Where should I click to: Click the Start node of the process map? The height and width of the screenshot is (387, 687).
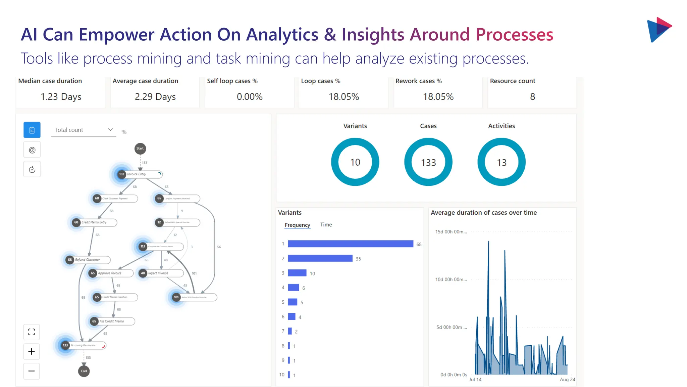tap(140, 148)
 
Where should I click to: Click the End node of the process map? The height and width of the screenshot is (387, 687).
tap(84, 371)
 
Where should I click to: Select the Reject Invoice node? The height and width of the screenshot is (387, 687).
tap(161, 273)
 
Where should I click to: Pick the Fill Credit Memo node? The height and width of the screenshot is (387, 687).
tap(112, 321)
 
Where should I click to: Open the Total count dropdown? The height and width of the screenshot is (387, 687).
tap(84, 130)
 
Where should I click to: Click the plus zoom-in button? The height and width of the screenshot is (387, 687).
tap(32, 351)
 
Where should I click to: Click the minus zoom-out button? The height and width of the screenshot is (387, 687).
tap(32, 371)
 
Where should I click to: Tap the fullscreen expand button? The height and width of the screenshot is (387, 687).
tap(32, 332)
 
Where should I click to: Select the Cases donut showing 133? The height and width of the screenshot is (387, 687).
tap(428, 162)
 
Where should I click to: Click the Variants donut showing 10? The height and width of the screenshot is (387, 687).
tap(355, 162)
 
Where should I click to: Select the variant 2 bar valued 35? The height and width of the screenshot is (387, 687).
tap(320, 258)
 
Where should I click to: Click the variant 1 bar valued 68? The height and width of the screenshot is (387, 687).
tap(350, 244)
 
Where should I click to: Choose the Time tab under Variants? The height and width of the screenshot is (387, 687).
tap(326, 225)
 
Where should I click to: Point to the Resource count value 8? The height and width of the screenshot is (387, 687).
tap(532, 97)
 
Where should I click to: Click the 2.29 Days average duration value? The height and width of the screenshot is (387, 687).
tap(155, 97)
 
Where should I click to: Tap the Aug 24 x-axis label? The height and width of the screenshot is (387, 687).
tap(567, 379)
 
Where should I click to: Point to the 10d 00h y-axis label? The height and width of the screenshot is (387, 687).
tap(451, 279)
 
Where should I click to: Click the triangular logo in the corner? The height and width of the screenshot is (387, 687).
tap(659, 30)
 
